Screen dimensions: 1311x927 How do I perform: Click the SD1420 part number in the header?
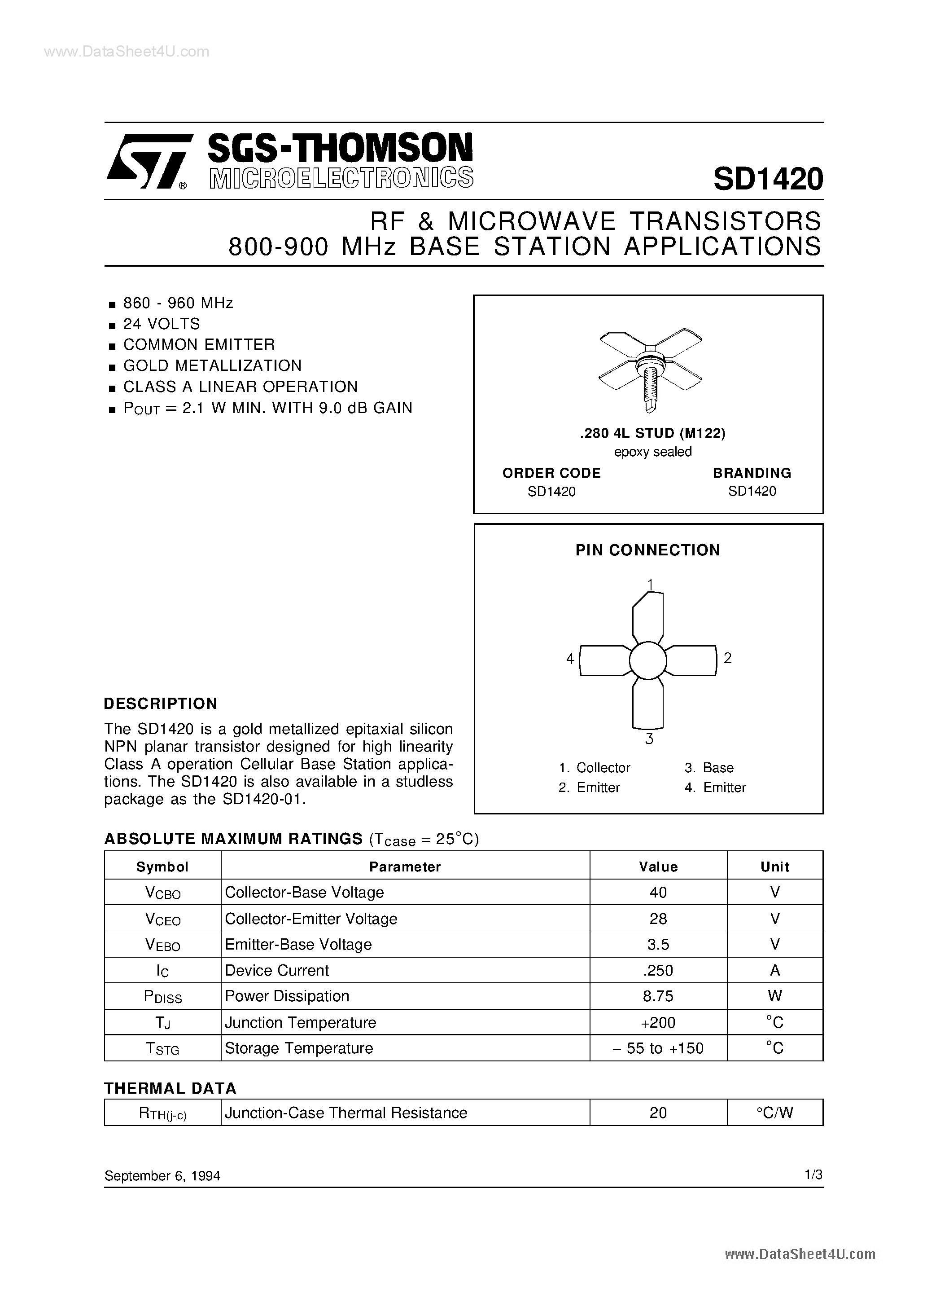767,179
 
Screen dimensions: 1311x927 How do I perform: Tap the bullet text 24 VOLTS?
162,324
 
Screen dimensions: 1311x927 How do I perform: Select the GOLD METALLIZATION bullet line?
212,365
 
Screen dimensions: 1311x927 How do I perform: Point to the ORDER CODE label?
551,473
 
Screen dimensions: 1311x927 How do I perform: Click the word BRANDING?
751,473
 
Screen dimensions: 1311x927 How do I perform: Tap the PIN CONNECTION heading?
647,550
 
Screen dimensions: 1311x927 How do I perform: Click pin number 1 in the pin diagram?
650,584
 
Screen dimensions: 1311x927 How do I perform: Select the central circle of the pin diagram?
648,660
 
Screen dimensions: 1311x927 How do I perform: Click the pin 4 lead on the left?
604,660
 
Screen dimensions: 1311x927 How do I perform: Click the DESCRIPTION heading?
160,704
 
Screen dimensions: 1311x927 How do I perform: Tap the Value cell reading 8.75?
658,996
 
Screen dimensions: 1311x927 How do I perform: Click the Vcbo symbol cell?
163,893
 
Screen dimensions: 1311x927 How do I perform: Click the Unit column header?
774,867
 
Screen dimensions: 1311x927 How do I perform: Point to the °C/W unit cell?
774,1112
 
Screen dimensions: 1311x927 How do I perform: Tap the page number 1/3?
813,1175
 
